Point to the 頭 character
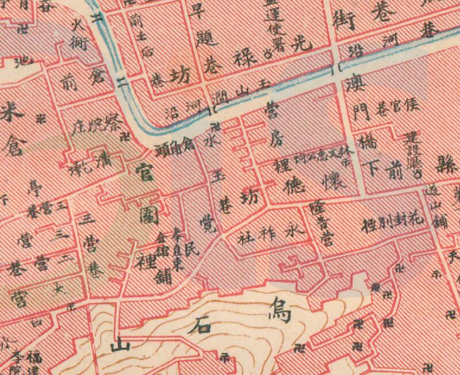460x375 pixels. click(163, 151)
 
